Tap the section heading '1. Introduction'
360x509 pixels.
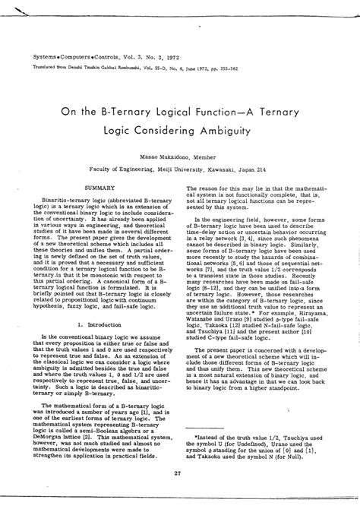click(x=100, y=302)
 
